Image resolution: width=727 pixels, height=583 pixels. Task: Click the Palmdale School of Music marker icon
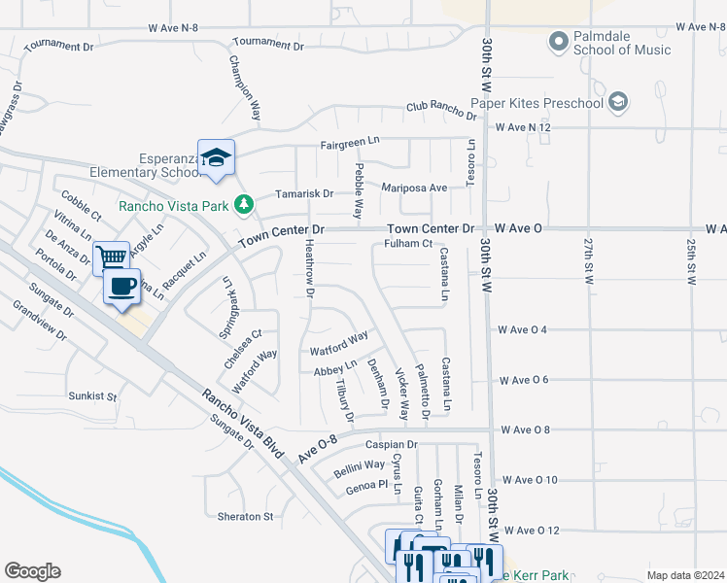click(558, 42)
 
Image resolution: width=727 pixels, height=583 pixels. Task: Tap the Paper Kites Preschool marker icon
click(618, 101)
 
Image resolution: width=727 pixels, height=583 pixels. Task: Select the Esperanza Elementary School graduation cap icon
click(216, 157)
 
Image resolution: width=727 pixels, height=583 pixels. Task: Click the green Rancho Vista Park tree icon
click(244, 204)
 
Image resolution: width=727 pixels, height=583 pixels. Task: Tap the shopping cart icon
click(113, 257)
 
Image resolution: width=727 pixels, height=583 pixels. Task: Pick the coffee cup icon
click(121, 286)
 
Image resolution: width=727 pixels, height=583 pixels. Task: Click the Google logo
click(32, 571)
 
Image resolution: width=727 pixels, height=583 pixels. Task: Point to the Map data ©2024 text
click(684, 575)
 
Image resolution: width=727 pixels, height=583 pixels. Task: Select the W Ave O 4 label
click(523, 329)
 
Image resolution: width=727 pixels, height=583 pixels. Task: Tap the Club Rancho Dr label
click(441, 112)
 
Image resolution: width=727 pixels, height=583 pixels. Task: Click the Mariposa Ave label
click(414, 188)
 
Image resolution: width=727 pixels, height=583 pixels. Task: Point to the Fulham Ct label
click(407, 243)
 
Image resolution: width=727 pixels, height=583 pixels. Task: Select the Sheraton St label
click(246, 516)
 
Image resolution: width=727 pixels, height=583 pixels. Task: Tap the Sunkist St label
click(92, 396)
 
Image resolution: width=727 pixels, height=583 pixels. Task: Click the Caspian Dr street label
click(391, 444)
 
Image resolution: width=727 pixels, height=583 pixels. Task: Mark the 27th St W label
click(588, 259)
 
